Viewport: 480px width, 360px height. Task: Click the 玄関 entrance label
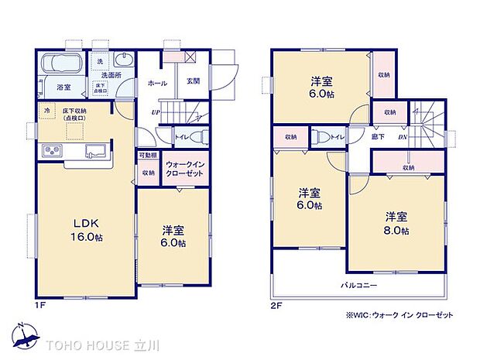(194, 81)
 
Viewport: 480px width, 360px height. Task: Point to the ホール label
(156, 83)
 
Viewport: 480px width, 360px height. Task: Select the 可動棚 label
(148, 156)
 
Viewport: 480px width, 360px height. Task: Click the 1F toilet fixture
(197, 137)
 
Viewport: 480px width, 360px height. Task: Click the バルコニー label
(358, 284)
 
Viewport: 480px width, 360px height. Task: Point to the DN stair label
(401, 138)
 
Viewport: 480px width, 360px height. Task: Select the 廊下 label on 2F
(378, 138)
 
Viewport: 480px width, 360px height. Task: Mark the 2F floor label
(276, 304)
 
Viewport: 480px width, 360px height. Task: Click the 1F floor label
(41, 304)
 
